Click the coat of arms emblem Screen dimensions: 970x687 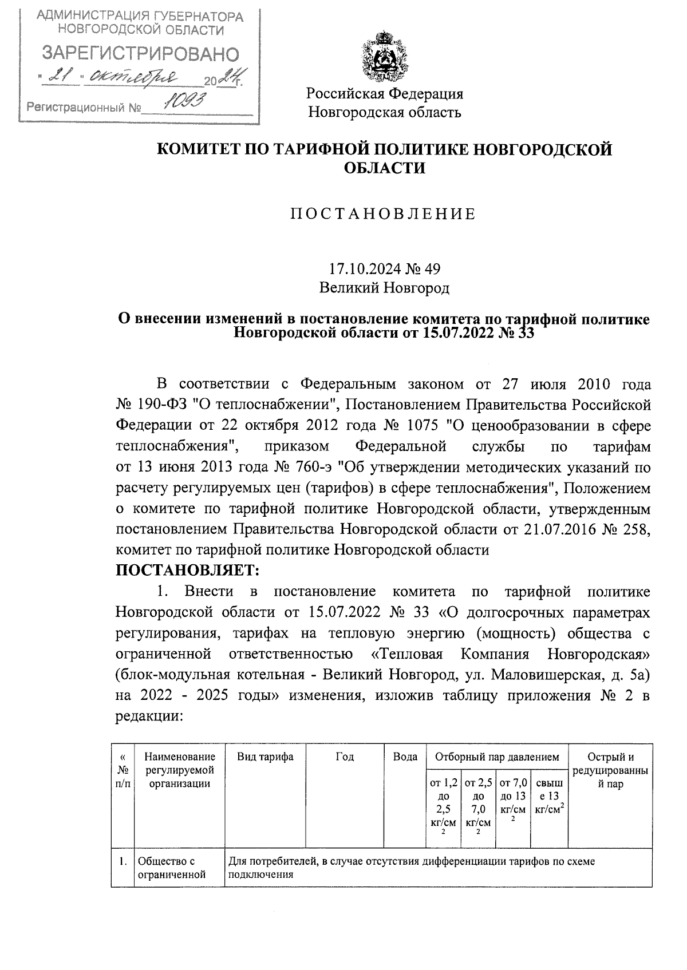[x=385, y=57]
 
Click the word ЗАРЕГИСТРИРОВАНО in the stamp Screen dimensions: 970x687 [x=141, y=54]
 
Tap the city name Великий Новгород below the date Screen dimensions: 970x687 [x=384, y=288]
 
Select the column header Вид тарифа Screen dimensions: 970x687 [x=266, y=757]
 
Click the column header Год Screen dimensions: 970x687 [x=345, y=757]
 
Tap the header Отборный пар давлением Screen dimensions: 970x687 [x=496, y=757]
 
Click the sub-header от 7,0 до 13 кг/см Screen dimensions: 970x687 [x=512, y=797]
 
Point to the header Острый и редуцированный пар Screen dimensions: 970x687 [x=610, y=770]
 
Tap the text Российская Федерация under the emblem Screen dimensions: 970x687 [x=384, y=93]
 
